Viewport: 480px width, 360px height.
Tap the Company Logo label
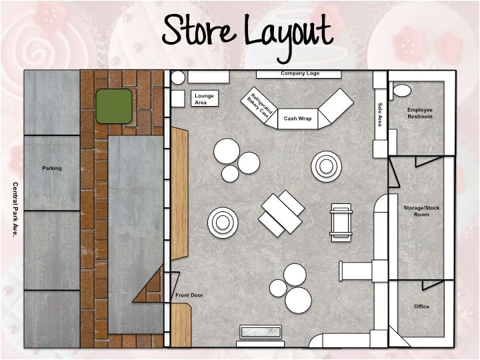(297, 73)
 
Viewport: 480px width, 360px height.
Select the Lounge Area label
(205, 99)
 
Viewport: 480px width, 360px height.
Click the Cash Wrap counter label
(297, 118)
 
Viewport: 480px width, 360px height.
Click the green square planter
(113, 106)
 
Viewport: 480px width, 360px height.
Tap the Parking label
(52, 168)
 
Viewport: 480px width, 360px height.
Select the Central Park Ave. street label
(15, 210)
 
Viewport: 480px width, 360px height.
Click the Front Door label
(189, 295)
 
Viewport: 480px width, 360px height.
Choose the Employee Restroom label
(420, 113)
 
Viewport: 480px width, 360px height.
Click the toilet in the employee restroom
(402, 90)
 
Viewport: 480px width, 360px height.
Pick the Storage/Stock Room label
(421, 211)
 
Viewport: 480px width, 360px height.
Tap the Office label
(421, 307)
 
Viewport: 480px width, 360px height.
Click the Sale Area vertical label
(380, 115)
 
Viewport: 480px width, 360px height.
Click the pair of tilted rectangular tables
(282, 212)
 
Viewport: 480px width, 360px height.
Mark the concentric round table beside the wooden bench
(222, 222)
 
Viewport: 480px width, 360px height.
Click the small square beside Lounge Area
(177, 99)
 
